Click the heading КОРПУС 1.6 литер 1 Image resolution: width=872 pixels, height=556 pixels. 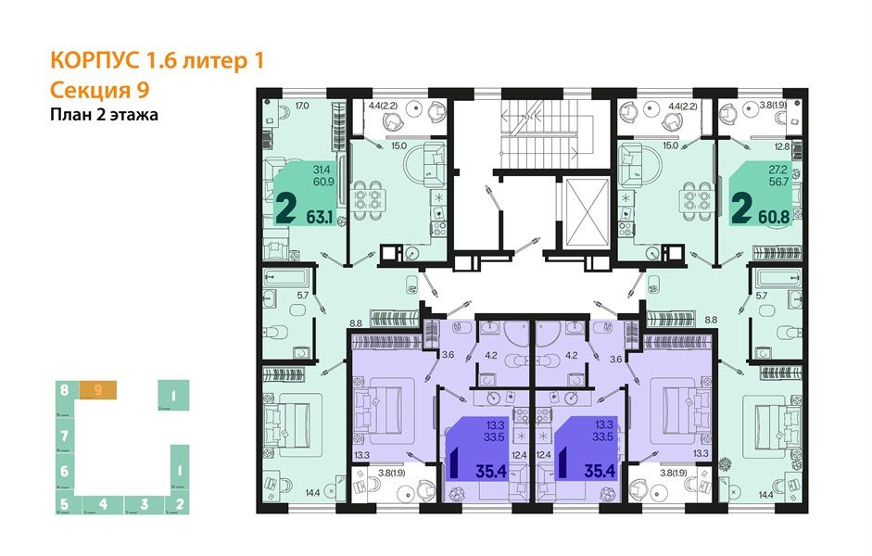[157, 62]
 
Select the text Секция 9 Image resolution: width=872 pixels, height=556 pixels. [98, 90]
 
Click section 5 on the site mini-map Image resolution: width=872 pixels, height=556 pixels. [65, 505]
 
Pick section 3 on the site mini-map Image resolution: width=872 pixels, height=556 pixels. [144, 505]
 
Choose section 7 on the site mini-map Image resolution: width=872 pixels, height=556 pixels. [65, 435]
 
